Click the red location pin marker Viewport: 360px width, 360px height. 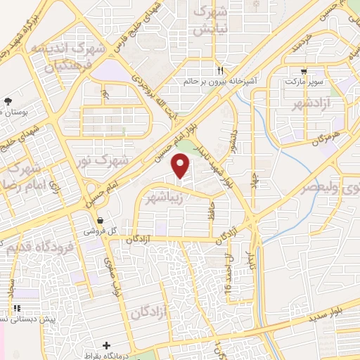pos(181,167)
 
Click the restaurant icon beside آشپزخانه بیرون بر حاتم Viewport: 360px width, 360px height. pos(220,70)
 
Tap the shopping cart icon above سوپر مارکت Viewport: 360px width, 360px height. pos(304,70)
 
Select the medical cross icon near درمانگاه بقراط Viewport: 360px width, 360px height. pos(106,345)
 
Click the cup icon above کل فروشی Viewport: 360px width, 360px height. pos(100,220)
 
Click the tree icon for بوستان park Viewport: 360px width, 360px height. pos(8,102)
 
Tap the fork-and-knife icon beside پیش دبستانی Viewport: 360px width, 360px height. pos(15,308)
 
